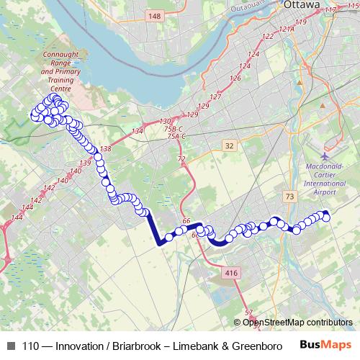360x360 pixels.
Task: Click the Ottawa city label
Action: tap(301, 5)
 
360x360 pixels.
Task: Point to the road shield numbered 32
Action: tap(229, 145)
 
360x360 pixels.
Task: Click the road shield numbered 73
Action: tap(289, 196)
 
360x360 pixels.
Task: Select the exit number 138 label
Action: tap(106, 148)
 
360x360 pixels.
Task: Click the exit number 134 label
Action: tap(138, 130)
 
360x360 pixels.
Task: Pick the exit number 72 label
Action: tap(181, 158)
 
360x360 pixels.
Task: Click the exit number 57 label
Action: tap(249, 312)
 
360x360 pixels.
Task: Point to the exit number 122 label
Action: tap(269, 36)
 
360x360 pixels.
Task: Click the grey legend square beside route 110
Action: tap(10, 346)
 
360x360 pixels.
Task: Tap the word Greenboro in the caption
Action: tap(257, 346)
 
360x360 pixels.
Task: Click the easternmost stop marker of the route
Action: tap(326, 216)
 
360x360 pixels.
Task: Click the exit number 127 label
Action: tap(215, 96)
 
